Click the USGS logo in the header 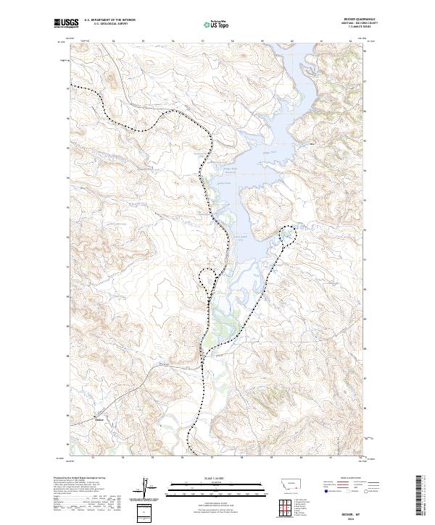[x=65, y=24]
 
